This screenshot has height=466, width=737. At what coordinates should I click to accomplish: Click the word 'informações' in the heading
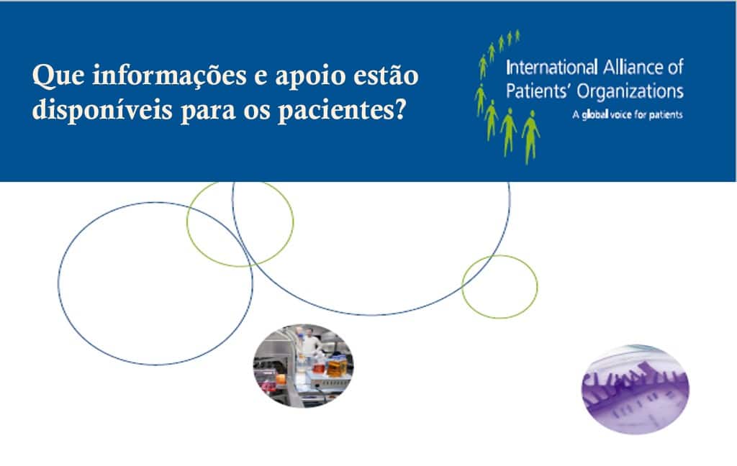(170, 76)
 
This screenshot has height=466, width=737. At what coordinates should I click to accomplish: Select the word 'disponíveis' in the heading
(102, 111)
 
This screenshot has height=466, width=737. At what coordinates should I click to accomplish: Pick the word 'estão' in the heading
(386, 76)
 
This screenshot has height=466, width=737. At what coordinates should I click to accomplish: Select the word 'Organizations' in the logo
(630, 91)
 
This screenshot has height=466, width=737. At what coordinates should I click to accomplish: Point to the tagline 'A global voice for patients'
(628, 114)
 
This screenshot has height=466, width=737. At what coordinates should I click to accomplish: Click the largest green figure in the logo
(530, 137)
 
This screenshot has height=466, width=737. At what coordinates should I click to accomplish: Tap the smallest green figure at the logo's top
(517, 36)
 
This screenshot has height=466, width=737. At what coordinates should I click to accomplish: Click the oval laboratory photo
(303, 365)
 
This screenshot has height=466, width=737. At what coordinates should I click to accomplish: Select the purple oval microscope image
(635, 389)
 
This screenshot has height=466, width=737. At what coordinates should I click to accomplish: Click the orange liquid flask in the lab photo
(337, 367)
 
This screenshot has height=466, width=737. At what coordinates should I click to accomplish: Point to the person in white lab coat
(309, 342)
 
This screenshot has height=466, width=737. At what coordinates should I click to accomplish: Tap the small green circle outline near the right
(462, 286)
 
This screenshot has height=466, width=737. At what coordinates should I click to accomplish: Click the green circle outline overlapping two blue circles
(187, 224)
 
